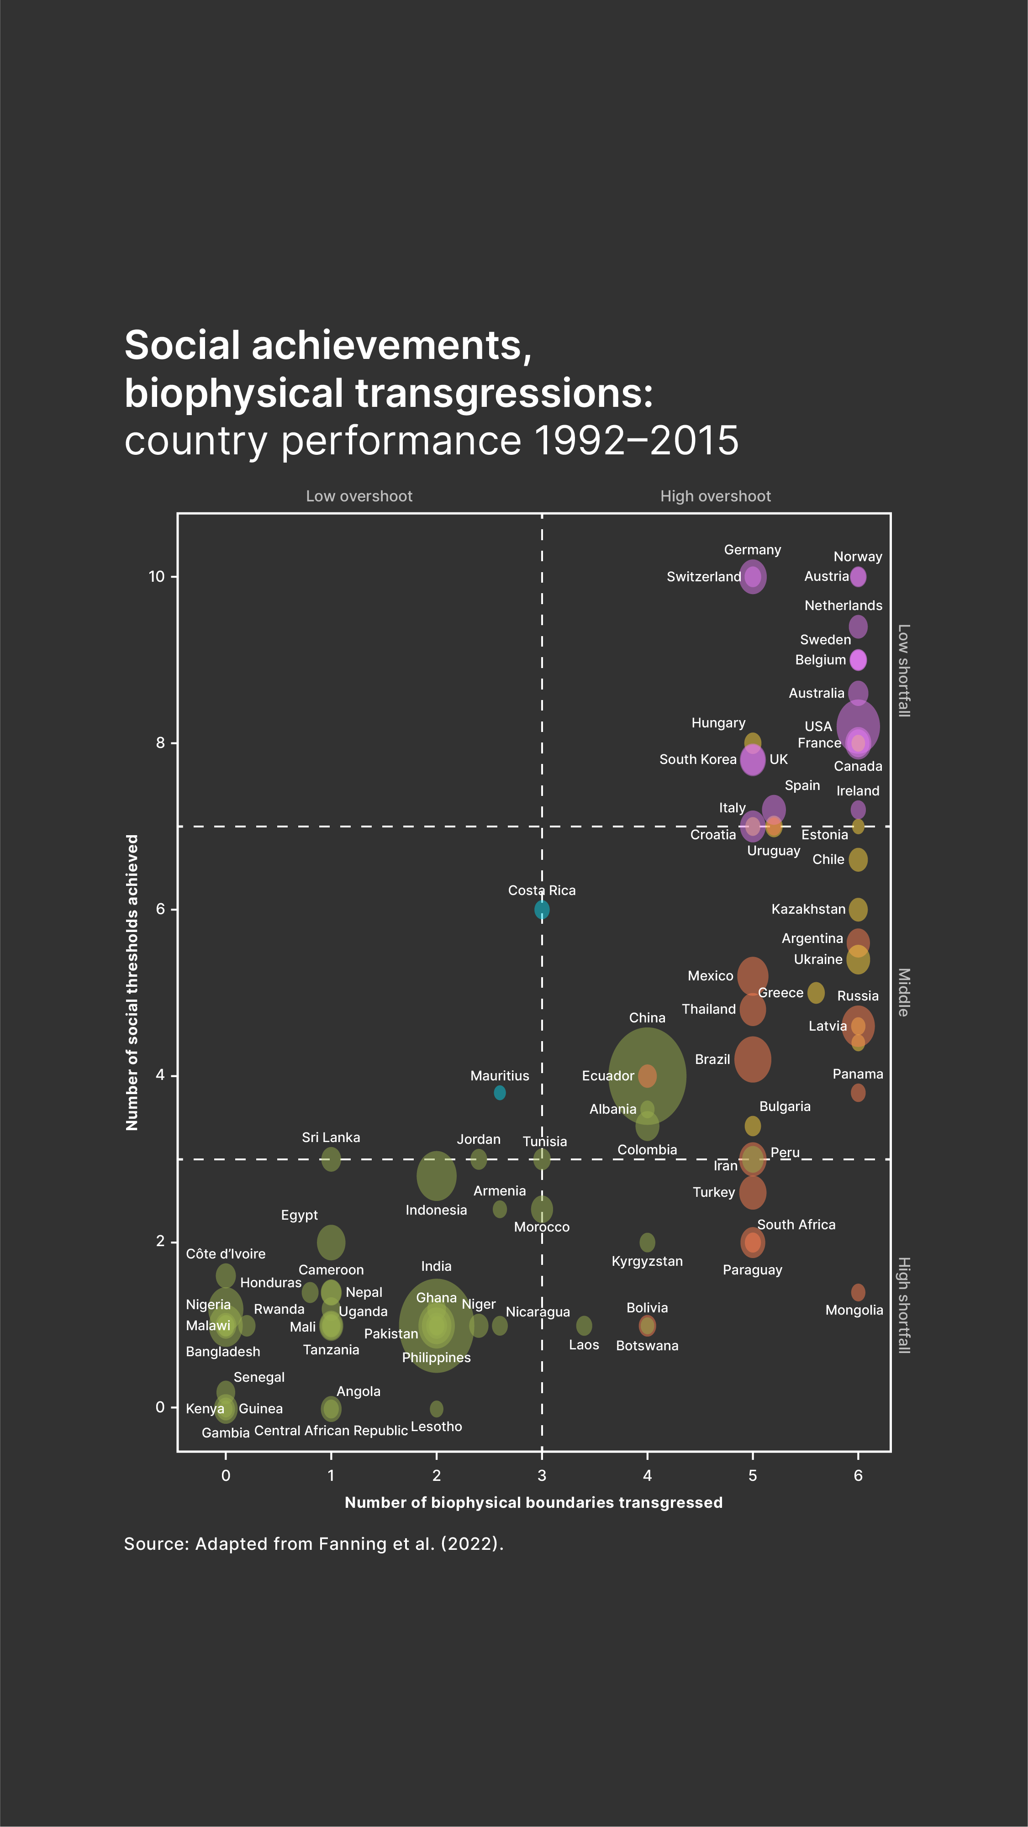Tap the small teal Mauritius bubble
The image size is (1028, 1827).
(500, 1092)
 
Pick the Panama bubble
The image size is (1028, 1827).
(858, 1092)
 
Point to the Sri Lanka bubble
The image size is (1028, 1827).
(331, 1159)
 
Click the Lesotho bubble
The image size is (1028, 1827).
(436, 1409)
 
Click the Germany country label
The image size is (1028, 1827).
(752, 550)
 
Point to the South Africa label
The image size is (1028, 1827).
(796, 1224)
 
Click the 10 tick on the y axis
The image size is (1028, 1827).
(156, 576)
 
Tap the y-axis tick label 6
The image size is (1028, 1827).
(160, 909)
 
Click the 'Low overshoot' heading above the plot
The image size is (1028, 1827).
(359, 496)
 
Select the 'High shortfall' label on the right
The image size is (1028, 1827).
(903, 1305)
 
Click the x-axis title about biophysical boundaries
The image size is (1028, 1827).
(533, 1502)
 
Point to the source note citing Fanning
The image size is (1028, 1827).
(314, 1544)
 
